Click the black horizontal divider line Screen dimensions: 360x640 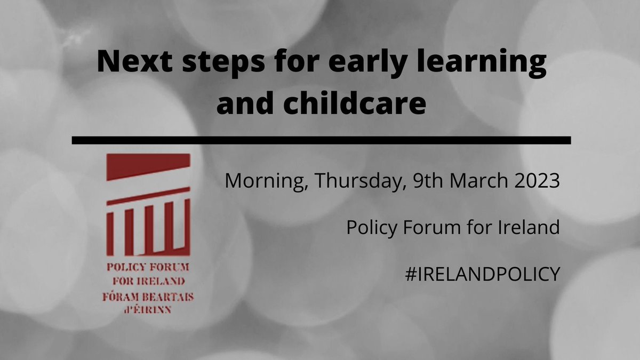tap(321, 140)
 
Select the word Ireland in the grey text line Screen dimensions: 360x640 tap(527, 228)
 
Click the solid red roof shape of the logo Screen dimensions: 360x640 tap(148, 167)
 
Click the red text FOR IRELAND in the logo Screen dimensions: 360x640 tap(148, 281)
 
